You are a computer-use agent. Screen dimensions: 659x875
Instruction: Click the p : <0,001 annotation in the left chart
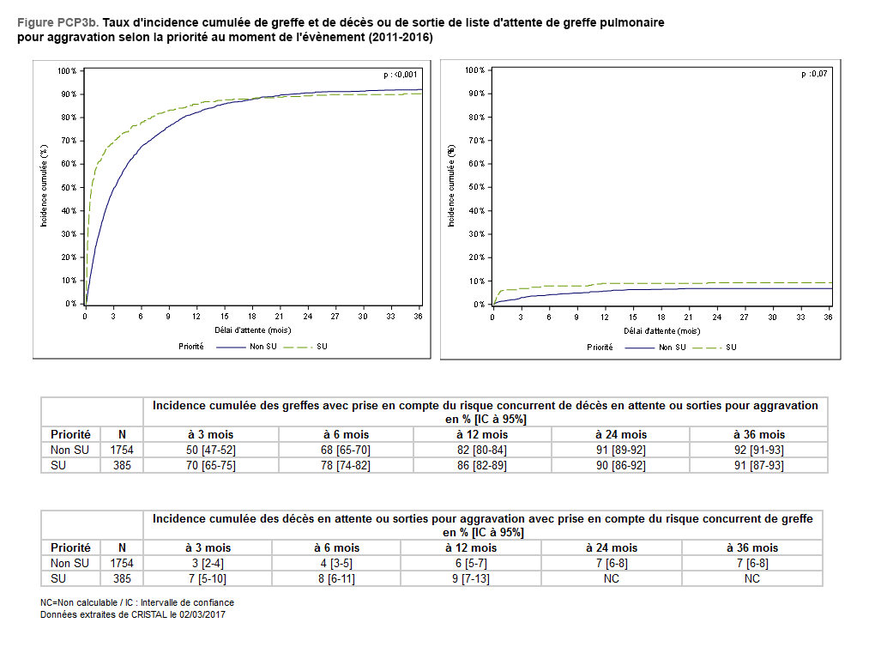click(x=400, y=75)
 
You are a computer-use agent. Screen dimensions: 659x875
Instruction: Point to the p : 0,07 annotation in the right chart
click(x=815, y=75)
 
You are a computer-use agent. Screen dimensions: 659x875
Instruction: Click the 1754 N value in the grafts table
click(x=122, y=450)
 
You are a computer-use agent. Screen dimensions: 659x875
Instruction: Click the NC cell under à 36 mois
click(x=751, y=578)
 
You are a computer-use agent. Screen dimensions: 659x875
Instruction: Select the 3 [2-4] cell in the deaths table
click(x=208, y=563)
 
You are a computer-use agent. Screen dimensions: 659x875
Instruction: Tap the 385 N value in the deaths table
click(x=122, y=578)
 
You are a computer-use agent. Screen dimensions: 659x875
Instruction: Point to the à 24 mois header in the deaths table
click(x=611, y=547)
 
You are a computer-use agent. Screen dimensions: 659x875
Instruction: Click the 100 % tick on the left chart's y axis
click(x=68, y=70)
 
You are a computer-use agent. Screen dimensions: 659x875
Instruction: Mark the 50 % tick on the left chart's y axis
click(x=69, y=187)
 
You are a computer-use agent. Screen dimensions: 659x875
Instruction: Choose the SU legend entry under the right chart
click(x=731, y=348)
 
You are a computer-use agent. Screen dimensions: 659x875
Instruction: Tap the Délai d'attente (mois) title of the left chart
click(x=252, y=330)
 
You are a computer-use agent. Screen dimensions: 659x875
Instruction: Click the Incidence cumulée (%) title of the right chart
click(x=451, y=186)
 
